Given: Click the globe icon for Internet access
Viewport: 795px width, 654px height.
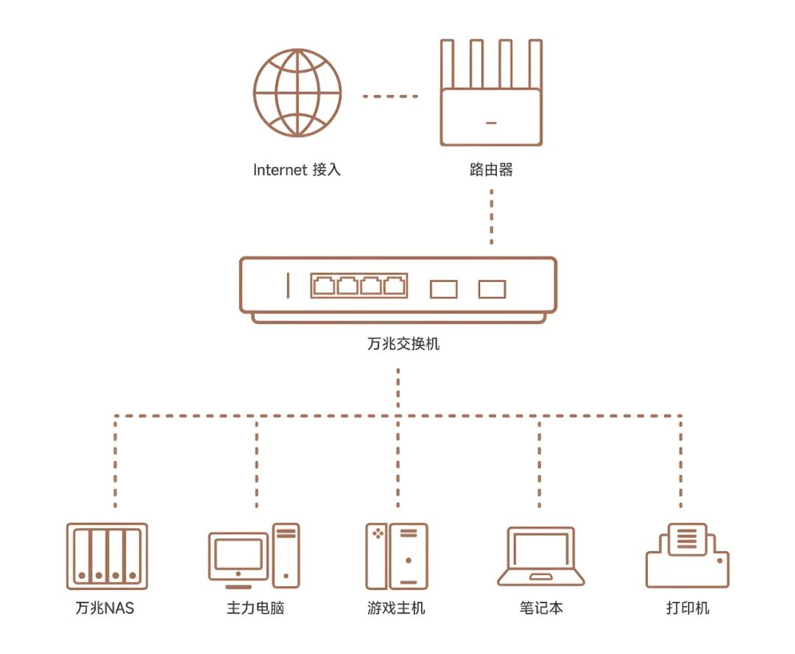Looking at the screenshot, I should tap(297, 92).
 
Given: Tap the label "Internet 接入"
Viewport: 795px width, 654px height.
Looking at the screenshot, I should tap(297, 170).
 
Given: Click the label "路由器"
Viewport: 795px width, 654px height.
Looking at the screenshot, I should tap(491, 170).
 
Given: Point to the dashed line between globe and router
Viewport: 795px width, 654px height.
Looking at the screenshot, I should tap(390, 96).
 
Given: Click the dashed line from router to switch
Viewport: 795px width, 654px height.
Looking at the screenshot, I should tap(491, 217).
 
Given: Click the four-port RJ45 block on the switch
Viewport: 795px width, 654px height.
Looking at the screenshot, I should tap(358, 286).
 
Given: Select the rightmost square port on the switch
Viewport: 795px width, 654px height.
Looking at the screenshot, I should tap(492, 289).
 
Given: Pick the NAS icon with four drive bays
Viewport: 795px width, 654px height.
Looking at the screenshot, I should tap(107, 556).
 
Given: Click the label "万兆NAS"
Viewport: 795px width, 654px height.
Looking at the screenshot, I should tap(105, 608).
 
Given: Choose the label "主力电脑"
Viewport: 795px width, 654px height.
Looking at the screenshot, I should tap(256, 608).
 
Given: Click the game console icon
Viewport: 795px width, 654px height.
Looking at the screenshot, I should tap(397, 556).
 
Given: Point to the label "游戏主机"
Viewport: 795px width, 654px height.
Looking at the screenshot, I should tap(397, 608).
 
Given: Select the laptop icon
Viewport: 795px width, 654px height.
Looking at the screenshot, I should tap(540, 557).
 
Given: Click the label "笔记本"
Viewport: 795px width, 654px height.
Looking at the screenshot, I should tap(540, 608).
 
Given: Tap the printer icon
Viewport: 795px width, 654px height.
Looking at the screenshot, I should tap(687, 556).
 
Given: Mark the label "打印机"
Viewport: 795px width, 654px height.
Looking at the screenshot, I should tap(688, 608).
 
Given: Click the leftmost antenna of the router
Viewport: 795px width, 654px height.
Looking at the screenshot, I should tap(447, 65).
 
